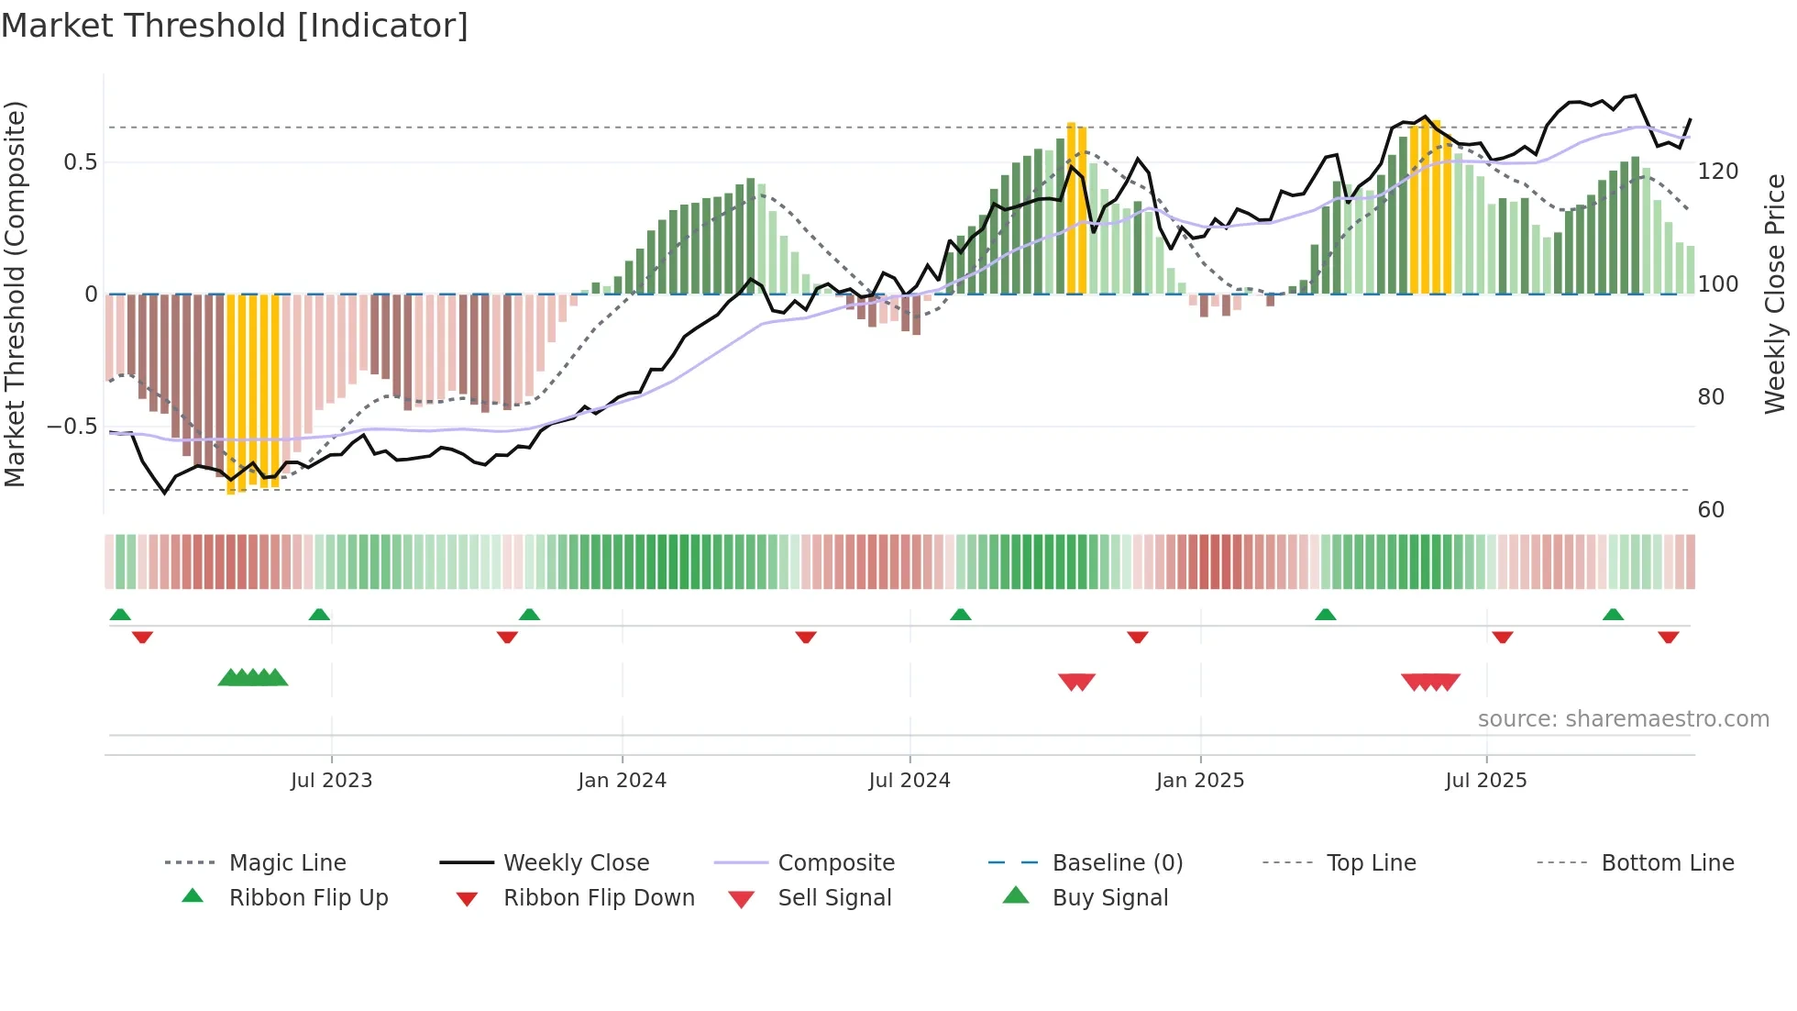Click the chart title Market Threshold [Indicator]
pyautogui.click(x=235, y=26)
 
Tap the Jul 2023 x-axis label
pyautogui.click(x=331, y=781)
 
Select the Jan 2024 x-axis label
pyautogui.click(x=622, y=781)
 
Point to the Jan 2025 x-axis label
pyautogui.click(x=1199, y=781)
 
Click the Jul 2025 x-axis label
pyautogui.click(x=1485, y=781)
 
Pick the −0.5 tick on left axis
pyautogui.click(x=72, y=427)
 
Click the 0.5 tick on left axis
pyautogui.click(x=80, y=162)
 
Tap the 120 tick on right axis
pyautogui.click(x=1717, y=172)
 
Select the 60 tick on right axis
pyautogui.click(x=1711, y=510)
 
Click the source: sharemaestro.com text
pyautogui.click(x=1623, y=719)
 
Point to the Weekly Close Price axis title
pyautogui.click(x=1775, y=294)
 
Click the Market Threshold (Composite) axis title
pyautogui.click(x=15, y=294)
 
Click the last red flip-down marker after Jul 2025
pyautogui.click(x=1668, y=638)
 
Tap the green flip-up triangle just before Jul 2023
pyautogui.click(x=319, y=615)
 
